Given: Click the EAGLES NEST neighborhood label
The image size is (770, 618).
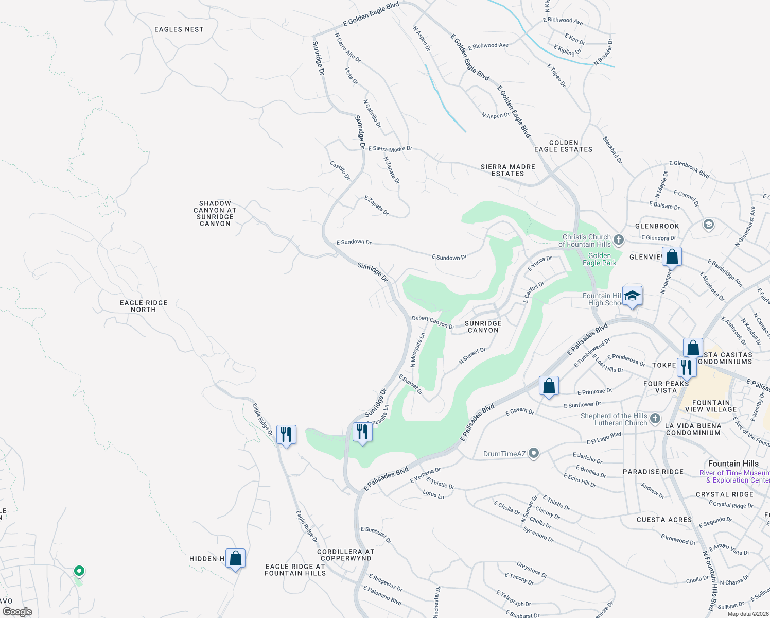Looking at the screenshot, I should pos(179,29).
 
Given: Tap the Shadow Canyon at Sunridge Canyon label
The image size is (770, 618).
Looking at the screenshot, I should pos(215,213).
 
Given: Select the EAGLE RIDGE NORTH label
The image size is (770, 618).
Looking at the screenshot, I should pos(144,306).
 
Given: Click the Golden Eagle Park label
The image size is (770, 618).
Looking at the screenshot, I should pos(599,259).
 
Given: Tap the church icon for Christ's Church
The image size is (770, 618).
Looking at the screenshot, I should pos(619,240).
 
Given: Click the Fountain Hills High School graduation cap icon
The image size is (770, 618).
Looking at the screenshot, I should pos(632,296).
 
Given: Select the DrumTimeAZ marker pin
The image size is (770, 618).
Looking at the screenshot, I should pos(534,453).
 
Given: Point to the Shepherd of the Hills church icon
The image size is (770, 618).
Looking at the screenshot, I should pos(655,418).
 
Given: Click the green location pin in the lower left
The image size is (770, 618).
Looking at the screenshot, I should pos(79,571).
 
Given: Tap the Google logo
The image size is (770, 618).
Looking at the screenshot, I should pos(17,611).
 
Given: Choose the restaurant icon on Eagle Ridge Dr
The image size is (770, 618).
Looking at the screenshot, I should pos(286,434).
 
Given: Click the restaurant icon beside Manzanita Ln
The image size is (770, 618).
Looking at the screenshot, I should pos(362,432).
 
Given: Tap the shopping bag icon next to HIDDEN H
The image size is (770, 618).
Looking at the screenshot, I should pos(235,558).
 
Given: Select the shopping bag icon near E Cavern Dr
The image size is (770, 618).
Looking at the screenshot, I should pos(549,385).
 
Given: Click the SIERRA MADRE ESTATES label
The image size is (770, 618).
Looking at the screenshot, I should pos(507,170).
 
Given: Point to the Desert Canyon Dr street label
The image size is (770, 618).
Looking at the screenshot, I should pos(433,322).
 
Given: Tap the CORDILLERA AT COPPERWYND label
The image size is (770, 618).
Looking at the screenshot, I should pos(345,555).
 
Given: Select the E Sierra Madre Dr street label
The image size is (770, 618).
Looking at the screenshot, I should pos(390,149).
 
